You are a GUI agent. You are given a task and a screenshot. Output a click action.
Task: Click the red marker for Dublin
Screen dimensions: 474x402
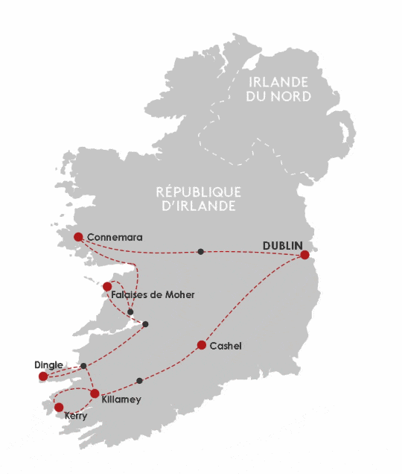pyautogui.click(x=304, y=255)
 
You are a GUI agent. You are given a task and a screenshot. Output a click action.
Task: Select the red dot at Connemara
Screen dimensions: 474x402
pyautogui.click(x=78, y=237)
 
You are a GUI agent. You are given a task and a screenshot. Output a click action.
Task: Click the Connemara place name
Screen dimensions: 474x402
pyautogui.click(x=114, y=238)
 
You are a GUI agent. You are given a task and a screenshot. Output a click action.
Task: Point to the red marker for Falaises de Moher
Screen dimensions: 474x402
pyautogui.click(x=108, y=286)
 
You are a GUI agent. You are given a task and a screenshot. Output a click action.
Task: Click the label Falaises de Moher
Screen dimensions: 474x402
pyautogui.click(x=152, y=295)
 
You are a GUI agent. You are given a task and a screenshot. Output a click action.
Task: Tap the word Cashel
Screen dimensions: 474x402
pyautogui.click(x=226, y=347)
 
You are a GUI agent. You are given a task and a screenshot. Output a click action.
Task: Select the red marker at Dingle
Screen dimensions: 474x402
pyautogui.click(x=43, y=377)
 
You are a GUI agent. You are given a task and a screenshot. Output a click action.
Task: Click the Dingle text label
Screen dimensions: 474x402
pyautogui.click(x=48, y=364)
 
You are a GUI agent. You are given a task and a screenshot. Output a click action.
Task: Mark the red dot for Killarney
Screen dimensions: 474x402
pyautogui.click(x=95, y=394)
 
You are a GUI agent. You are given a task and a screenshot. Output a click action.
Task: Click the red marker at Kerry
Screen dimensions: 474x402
pyautogui.click(x=59, y=407)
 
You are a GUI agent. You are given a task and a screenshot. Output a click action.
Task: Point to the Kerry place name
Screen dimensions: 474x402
pyautogui.click(x=76, y=416)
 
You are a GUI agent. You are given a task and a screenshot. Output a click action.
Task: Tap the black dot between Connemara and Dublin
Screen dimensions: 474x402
pyautogui.click(x=200, y=251)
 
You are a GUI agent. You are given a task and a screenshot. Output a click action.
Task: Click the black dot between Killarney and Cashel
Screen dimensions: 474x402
pyautogui.click(x=140, y=381)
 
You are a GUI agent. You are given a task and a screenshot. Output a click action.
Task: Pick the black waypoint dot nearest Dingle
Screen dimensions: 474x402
pyautogui.click(x=83, y=365)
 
